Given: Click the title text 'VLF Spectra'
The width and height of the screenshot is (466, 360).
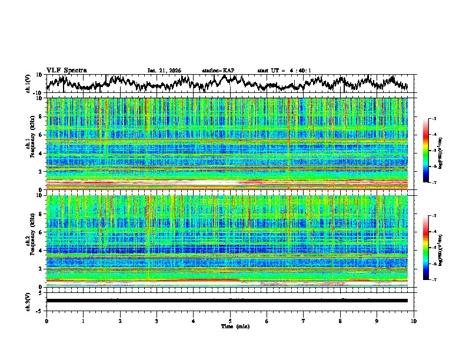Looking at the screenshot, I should [66, 70].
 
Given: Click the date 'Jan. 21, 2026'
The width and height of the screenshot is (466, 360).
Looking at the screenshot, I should [164, 71].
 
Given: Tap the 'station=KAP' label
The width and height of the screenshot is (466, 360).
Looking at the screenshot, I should [218, 71].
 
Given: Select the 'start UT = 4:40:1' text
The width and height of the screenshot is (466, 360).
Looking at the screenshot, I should [284, 71].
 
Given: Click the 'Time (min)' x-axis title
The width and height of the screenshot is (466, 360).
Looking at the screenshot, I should [230, 326].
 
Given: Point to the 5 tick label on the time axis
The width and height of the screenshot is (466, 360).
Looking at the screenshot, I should [230, 321].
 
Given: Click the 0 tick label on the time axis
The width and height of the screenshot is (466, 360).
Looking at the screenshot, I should [46, 321].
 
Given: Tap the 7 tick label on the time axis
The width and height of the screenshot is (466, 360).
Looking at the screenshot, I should [304, 321].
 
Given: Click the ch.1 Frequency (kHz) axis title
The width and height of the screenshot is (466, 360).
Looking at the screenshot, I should [31, 144].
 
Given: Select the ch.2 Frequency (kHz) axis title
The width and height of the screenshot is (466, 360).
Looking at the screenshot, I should [31, 241].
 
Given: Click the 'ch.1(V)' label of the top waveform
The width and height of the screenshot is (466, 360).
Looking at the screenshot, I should [28, 84].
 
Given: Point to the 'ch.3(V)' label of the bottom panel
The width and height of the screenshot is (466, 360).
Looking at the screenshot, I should [28, 301].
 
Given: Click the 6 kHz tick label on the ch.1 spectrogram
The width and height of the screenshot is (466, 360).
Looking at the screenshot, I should [41, 135].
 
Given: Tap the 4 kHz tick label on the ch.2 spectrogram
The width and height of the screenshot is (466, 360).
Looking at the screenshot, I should [41, 251].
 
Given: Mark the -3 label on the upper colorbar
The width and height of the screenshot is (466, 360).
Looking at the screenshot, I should [434, 119].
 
